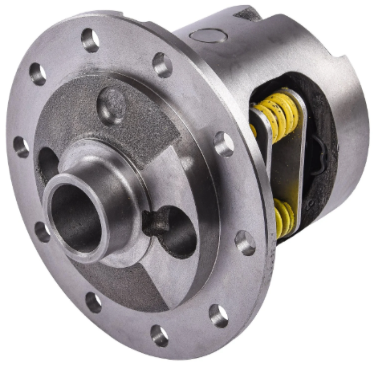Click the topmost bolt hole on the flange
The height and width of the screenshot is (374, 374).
(x=90, y=40)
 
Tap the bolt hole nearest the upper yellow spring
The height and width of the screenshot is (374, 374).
(x=224, y=144)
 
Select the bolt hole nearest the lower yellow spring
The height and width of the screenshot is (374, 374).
(x=245, y=243)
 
